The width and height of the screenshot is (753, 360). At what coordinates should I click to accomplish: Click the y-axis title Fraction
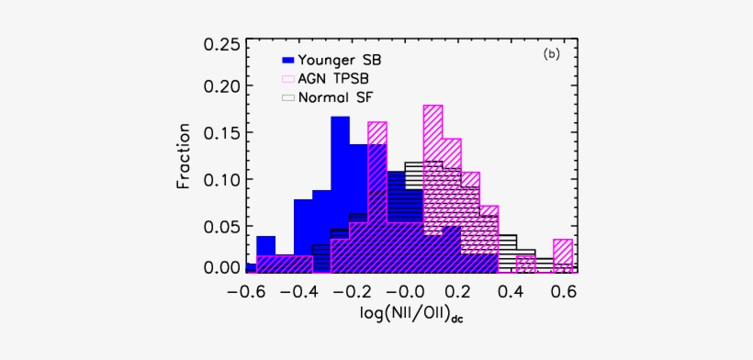184,156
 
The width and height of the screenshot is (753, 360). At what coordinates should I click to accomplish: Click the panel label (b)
551,54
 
